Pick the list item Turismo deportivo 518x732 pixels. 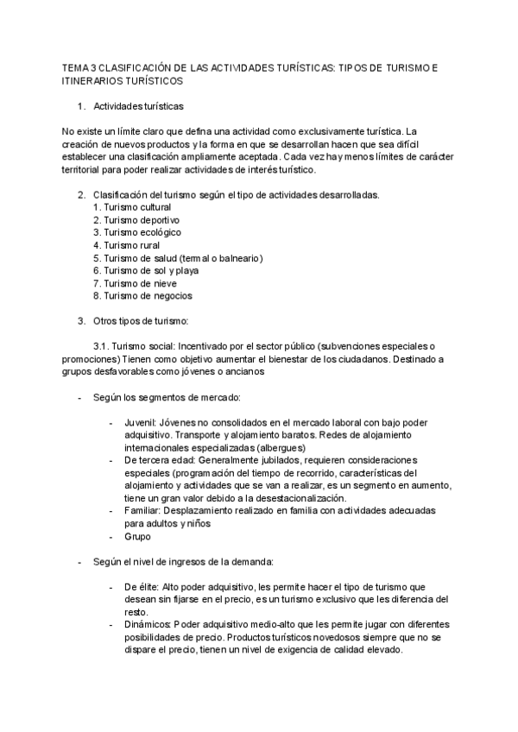pyautogui.click(x=136, y=220)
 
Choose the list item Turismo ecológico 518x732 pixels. pyautogui.click(x=136, y=232)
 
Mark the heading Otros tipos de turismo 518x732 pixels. pyautogui.click(x=140, y=322)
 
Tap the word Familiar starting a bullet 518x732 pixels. pyautogui.click(x=142, y=511)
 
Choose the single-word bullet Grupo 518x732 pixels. pyautogui.click(x=138, y=536)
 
